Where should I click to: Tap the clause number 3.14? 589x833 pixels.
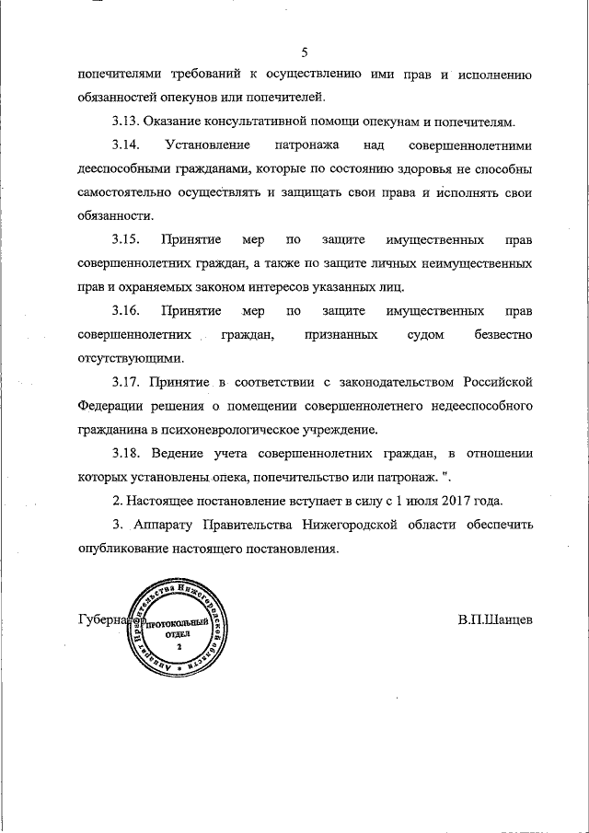click(126, 145)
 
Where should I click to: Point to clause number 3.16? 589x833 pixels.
click(126, 311)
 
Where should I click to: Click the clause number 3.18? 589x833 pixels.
click(126, 454)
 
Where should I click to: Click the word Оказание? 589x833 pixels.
click(183, 121)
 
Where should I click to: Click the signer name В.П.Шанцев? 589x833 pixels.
click(494, 619)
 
